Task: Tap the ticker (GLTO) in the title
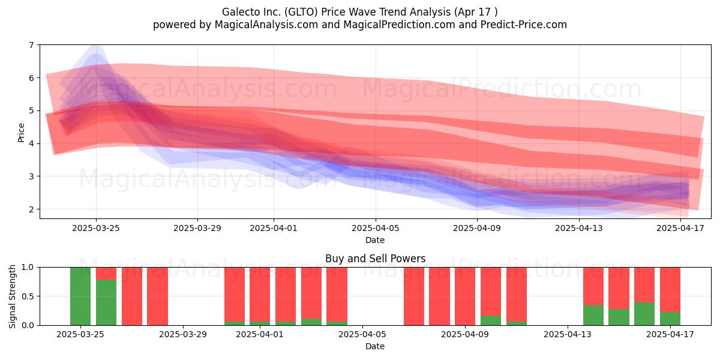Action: [x=301, y=12]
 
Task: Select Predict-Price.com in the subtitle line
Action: [x=524, y=25]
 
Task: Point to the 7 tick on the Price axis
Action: [x=31, y=45]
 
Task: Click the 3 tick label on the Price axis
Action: [x=31, y=176]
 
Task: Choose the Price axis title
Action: [x=21, y=133]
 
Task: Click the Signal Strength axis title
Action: [x=12, y=296]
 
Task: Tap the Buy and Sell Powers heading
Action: [x=375, y=259]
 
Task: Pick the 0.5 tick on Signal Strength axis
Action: [x=27, y=296]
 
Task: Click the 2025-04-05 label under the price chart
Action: [x=375, y=228]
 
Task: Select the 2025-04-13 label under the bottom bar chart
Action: [x=568, y=335]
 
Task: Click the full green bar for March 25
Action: [x=80, y=296]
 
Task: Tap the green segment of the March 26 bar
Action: [x=106, y=302]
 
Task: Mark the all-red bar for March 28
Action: [x=157, y=296]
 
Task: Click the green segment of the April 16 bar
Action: [x=644, y=314]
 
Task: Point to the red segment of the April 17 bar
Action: [x=670, y=290]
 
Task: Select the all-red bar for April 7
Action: [x=414, y=296]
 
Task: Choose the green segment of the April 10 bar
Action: [x=491, y=320]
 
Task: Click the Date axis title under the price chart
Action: [x=375, y=240]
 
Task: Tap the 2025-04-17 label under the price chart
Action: [x=680, y=228]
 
